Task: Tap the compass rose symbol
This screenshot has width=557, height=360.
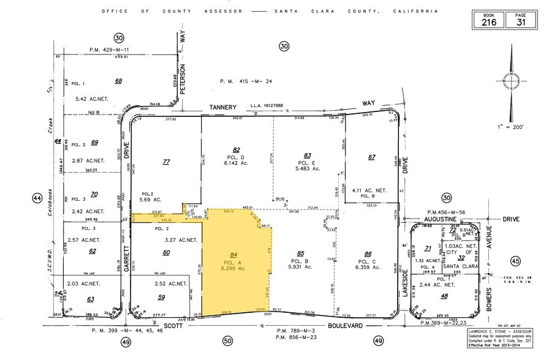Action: (511, 81)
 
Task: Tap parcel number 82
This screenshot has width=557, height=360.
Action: (236, 149)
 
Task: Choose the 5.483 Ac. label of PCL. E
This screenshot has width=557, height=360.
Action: (308, 169)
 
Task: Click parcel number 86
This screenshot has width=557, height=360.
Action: (368, 253)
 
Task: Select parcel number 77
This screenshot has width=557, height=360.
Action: (165, 162)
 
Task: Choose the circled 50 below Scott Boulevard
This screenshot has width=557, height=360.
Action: (227, 340)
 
